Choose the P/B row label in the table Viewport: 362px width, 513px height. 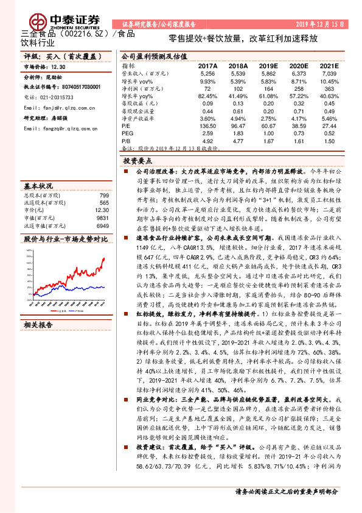(x=126, y=140)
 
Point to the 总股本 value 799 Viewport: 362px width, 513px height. (x=104, y=195)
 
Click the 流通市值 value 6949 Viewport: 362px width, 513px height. (x=103, y=224)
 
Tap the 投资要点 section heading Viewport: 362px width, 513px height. (x=137, y=161)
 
